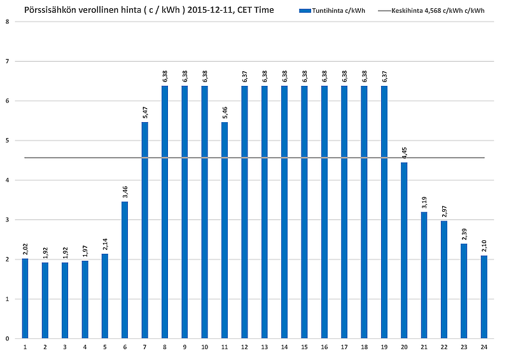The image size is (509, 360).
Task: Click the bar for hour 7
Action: point(144,230)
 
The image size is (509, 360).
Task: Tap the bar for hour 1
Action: point(25,298)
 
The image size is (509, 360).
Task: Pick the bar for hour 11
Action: point(224,230)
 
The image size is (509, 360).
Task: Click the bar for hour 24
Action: point(484,297)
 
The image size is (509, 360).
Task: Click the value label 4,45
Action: point(404,153)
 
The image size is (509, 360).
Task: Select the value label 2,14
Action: point(105,244)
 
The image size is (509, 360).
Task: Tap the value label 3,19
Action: point(424,203)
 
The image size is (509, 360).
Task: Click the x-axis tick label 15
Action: point(304,347)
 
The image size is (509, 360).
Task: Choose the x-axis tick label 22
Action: point(444,347)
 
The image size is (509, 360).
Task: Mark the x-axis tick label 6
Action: point(125,347)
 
